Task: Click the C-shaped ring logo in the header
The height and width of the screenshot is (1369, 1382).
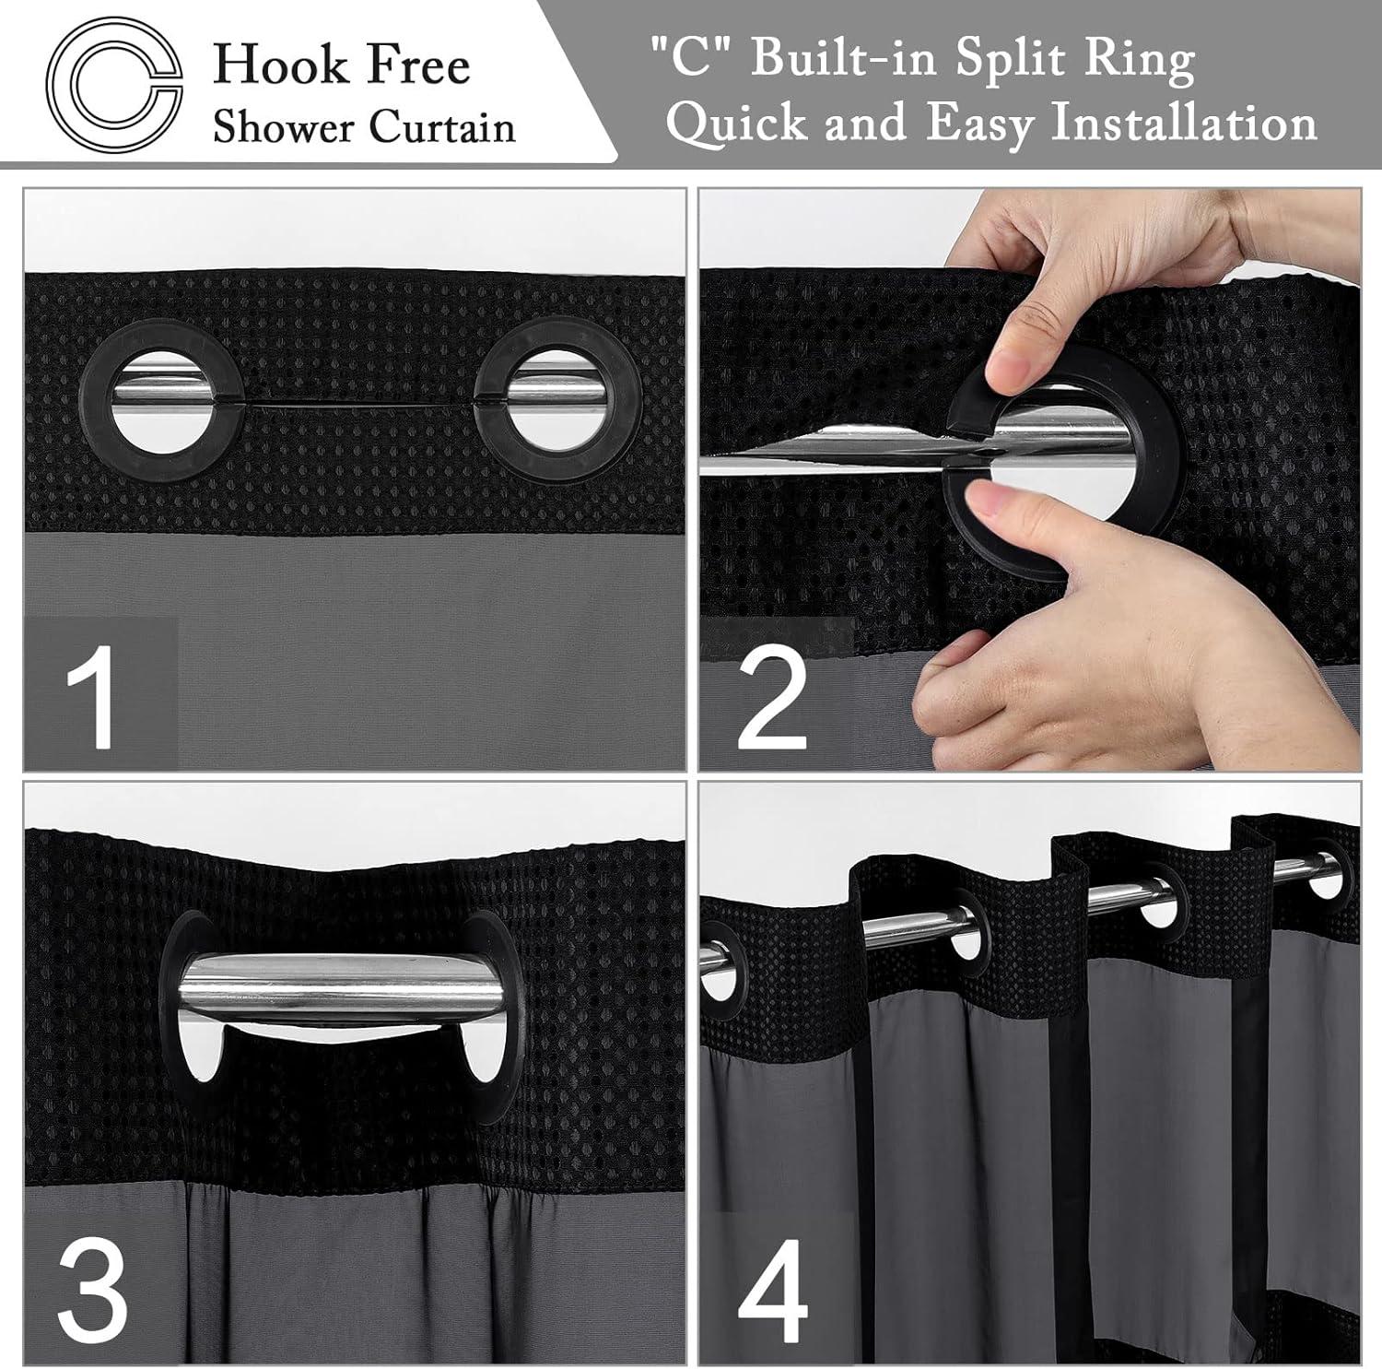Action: tap(114, 85)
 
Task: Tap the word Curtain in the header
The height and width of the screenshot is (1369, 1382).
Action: tap(441, 127)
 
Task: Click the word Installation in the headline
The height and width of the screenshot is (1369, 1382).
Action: tap(1184, 122)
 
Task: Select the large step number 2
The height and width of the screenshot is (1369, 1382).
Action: tap(772, 697)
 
